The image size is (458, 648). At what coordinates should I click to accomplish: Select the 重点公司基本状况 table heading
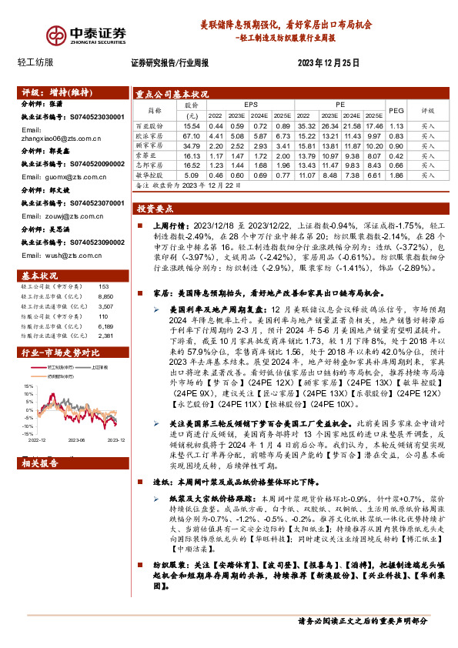172,94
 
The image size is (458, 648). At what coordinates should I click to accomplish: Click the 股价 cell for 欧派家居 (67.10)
192,135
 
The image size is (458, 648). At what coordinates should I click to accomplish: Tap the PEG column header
397,110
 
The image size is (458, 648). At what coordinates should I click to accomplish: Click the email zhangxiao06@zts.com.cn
61,139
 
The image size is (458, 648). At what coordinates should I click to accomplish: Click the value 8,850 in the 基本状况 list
106,296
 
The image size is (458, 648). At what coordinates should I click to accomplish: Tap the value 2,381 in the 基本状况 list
106,336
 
